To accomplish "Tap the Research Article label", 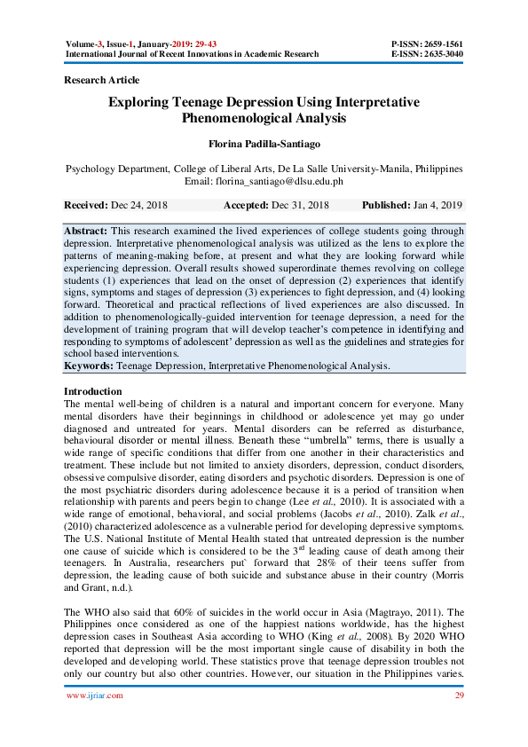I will [102, 81].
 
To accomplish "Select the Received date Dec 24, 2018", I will [138, 205].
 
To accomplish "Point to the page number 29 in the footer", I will [459, 696].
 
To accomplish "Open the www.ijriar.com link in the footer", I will [95, 696].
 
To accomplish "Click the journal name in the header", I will [192, 54].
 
